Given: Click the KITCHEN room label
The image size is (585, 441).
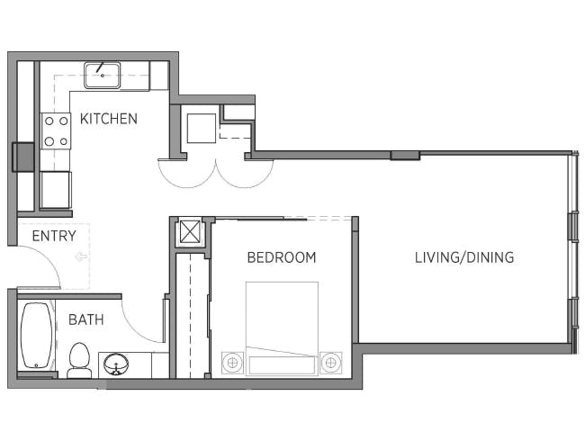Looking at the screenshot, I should (x=109, y=119).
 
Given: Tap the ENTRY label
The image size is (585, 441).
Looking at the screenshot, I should (x=54, y=236).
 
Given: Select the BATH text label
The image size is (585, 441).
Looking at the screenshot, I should (x=85, y=319).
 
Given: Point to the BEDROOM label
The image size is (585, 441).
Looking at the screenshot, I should (x=282, y=257).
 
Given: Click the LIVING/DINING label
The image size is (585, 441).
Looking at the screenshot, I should (x=464, y=257).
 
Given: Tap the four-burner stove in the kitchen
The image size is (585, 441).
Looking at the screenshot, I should (x=57, y=130).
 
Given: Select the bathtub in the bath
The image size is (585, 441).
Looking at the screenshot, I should (x=36, y=336).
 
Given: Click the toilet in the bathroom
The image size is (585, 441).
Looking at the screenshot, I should (x=79, y=359).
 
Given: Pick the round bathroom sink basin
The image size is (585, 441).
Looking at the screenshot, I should (x=116, y=365).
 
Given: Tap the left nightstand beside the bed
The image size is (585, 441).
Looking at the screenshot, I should (x=233, y=363).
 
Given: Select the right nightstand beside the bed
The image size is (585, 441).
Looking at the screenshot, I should (x=331, y=363).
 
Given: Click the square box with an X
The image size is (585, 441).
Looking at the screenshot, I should (x=190, y=231).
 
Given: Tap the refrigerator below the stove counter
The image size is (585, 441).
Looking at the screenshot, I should (x=56, y=190).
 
